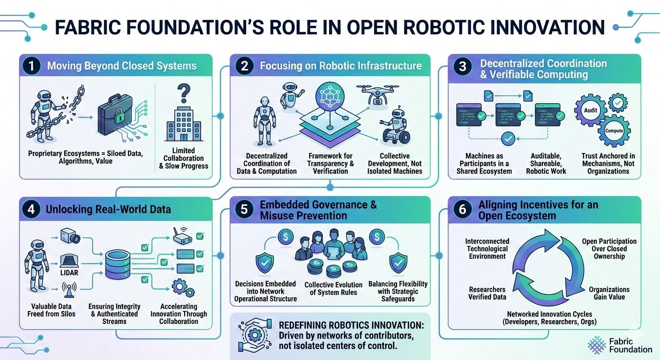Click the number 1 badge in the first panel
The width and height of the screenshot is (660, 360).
31,66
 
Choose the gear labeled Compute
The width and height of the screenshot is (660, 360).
614,131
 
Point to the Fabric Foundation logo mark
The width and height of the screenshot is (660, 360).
597,345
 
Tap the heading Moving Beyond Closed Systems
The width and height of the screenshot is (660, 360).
121,66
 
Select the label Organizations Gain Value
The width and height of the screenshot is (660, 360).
609,293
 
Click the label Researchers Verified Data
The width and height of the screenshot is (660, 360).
487,293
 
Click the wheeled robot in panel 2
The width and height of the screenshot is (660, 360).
396,124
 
